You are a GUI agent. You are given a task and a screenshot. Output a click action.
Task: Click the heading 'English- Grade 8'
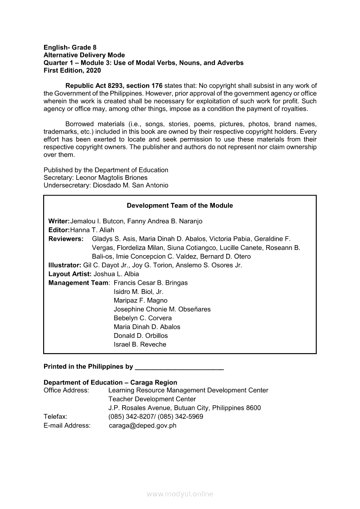click(x=70, y=47)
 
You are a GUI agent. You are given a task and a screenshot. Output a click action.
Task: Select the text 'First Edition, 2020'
click(x=72, y=70)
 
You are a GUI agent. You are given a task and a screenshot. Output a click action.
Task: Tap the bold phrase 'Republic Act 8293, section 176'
click(x=114, y=86)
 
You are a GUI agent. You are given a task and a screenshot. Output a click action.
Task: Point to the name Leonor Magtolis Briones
click(x=112, y=178)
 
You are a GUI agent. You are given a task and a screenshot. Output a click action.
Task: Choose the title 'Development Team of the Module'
click(x=180, y=206)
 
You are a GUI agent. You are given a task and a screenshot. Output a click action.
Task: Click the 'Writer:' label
click(x=59, y=221)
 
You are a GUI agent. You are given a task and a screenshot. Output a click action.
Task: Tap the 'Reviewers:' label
click(x=66, y=239)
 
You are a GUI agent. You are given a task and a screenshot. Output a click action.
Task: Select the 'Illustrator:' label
click(x=65, y=265)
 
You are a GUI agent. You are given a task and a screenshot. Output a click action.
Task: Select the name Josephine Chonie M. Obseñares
click(x=162, y=309)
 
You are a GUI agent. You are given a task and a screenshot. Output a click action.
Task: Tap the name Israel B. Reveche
click(x=140, y=344)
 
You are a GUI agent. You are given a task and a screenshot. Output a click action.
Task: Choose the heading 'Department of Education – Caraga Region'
click(x=110, y=382)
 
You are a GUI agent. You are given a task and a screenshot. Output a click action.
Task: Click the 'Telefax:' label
click(x=55, y=417)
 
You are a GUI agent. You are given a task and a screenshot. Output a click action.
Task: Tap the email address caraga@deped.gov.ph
click(x=143, y=425)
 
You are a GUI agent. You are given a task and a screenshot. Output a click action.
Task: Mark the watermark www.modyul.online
click(x=180, y=494)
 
